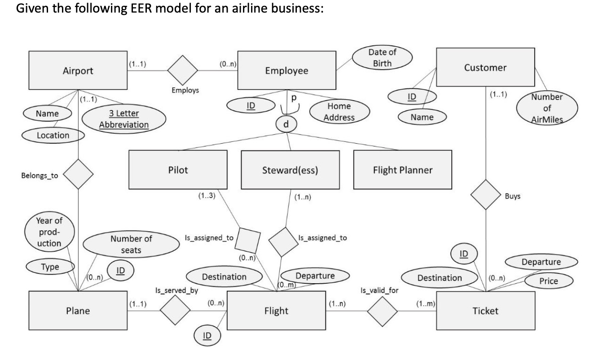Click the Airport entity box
[x=78, y=70]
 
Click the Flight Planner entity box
[x=402, y=170]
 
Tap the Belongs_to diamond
[x=78, y=174]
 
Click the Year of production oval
[x=49, y=232]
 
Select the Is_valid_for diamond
[x=383, y=310]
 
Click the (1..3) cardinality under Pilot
[x=206, y=196]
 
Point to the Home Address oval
[x=339, y=112]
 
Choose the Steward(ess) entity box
[x=290, y=170]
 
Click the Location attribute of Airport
[x=53, y=135]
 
